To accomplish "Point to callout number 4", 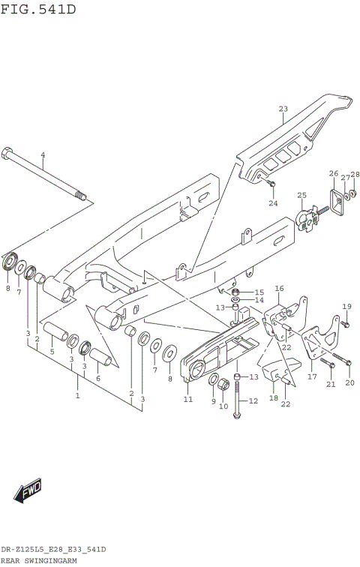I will point(43,155).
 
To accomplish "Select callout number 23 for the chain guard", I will point(283,109).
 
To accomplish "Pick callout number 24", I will point(273,202).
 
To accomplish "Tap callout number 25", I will point(301,196).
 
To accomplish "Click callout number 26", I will point(333,173).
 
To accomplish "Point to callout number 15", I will point(259,292).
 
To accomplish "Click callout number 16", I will point(279,288).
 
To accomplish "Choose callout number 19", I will point(346,306).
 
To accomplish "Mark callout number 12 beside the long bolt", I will point(253,400).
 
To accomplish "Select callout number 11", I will point(188,399).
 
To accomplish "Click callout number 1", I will point(77,394).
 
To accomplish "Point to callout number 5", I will point(52,351).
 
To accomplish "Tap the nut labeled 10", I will point(223,386).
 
